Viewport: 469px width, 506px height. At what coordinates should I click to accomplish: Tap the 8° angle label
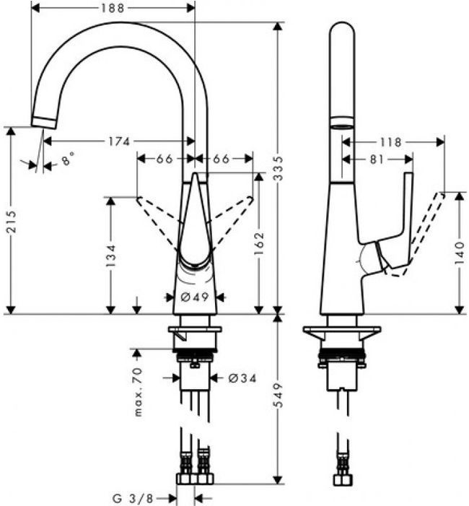[x=68, y=160]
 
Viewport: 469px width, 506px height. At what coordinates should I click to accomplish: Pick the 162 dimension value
[x=260, y=245]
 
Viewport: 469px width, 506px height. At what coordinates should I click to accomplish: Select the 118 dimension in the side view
[x=392, y=142]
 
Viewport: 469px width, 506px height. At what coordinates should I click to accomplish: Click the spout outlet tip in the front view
[x=44, y=121]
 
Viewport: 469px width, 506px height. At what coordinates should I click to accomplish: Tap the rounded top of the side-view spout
[x=342, y=32]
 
